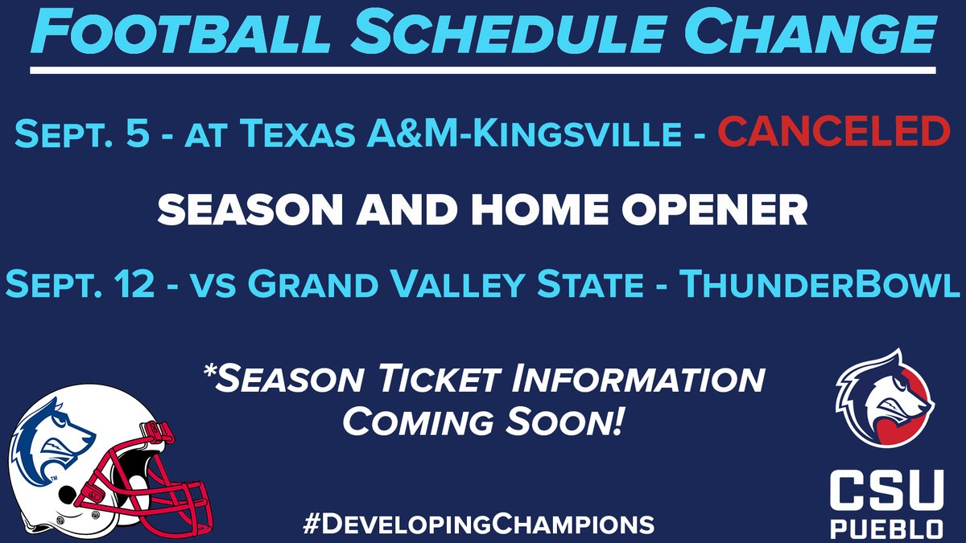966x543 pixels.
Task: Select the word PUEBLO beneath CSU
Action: (884, 528)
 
